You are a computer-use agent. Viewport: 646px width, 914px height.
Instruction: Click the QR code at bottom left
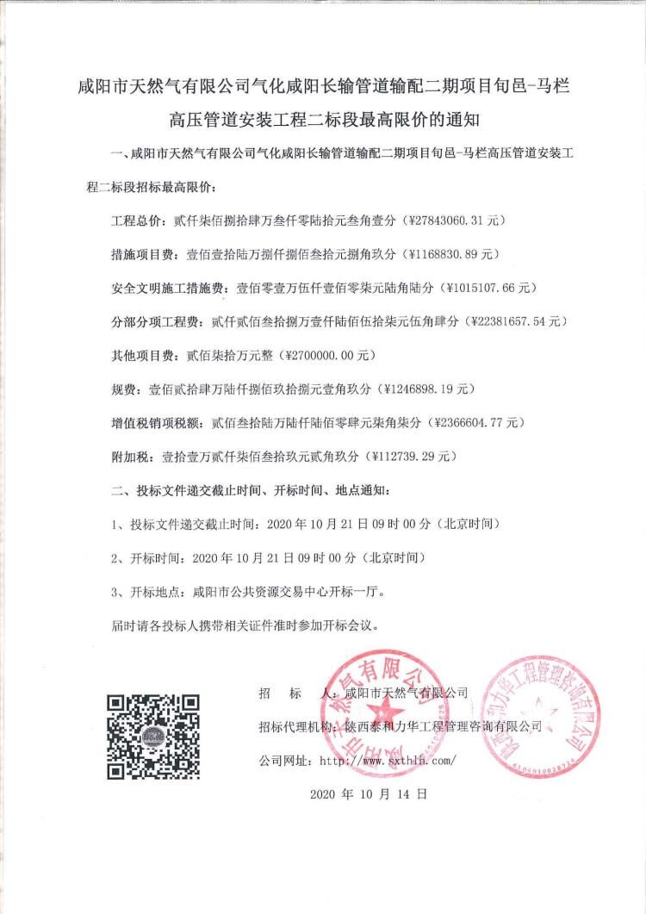153,732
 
